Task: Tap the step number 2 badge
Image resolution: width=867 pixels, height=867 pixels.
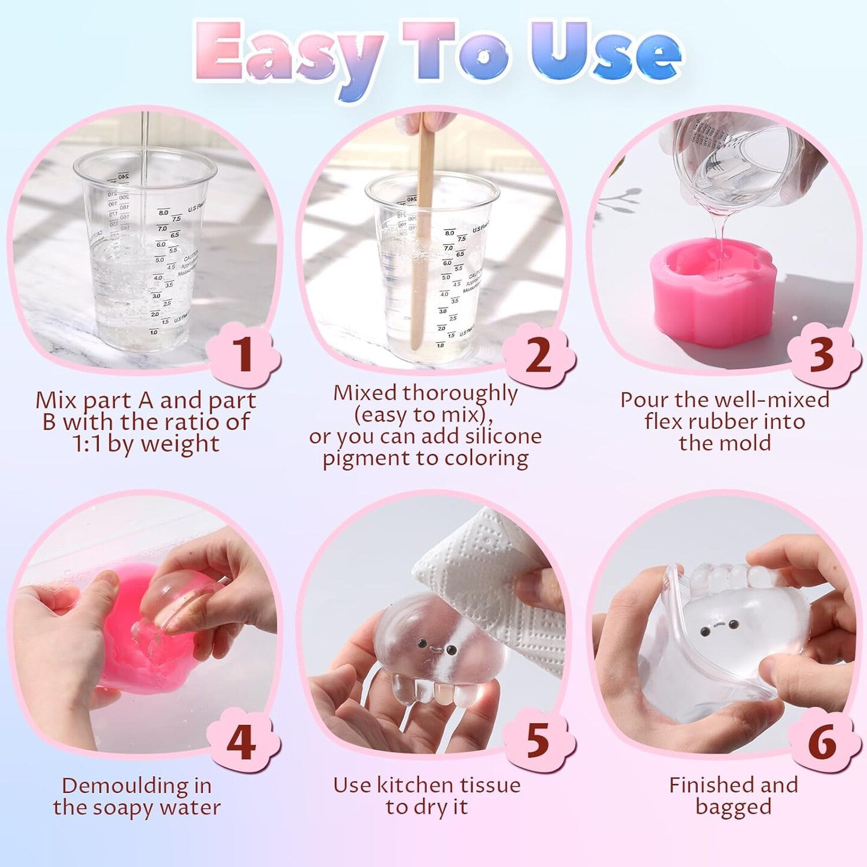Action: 538,355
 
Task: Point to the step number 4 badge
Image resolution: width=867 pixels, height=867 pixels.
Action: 242,743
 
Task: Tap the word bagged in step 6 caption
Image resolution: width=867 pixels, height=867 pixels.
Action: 733,807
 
